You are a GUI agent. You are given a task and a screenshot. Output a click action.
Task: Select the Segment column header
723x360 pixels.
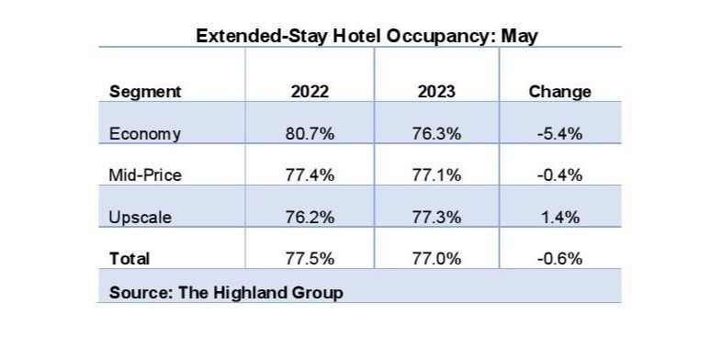coord(144,92)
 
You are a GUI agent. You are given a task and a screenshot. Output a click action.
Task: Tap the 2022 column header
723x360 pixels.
coord(310,92)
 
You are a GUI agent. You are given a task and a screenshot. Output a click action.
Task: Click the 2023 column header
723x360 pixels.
coord(436,92)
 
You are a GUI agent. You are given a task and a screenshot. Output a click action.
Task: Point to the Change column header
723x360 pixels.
coord(559,92)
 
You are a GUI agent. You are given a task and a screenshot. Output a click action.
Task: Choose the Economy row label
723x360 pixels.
coord(144,133)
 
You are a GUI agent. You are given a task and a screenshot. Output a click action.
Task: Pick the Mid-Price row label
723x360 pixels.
coord(145,174)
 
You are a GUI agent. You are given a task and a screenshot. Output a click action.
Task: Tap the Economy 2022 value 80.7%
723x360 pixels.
coord(310,133)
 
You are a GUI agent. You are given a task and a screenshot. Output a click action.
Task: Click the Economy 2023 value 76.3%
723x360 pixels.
coord(436,133)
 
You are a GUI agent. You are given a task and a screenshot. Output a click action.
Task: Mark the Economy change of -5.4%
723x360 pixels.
coord(559,133)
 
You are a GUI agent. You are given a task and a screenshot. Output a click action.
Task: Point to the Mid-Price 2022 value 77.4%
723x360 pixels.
coord(310,174)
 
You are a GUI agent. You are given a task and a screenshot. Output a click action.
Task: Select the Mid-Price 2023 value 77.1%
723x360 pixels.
coord(436,174)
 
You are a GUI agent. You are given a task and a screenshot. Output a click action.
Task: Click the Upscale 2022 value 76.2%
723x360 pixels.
coord(310,217)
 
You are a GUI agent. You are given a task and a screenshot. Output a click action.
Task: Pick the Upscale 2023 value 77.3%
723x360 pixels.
coord(436,217)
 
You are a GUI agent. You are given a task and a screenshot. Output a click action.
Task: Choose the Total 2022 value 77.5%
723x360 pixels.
coord(310,259)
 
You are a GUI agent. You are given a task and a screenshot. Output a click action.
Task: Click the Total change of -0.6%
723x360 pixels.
coord(559,259)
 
